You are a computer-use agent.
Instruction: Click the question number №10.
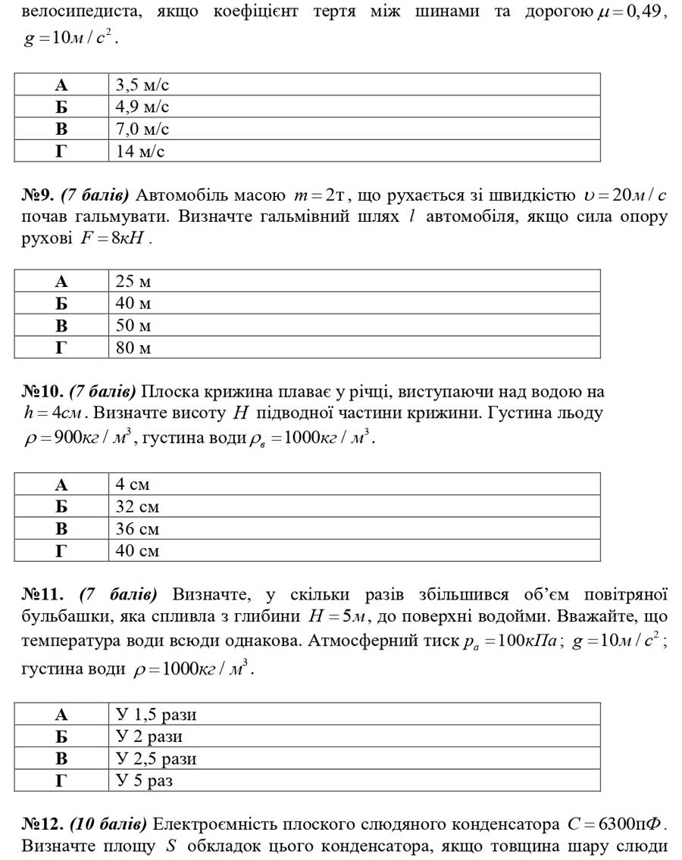(42, 391)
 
